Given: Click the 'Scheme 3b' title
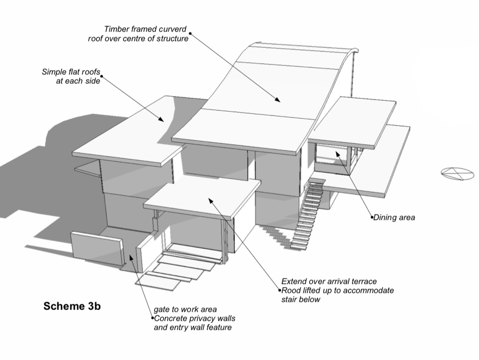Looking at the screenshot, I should [72, 306].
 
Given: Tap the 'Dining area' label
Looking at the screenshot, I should [394, 218].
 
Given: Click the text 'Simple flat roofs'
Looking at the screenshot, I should [71, 72].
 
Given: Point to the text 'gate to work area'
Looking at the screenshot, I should [185, 309].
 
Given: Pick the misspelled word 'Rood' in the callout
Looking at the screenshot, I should [291, 290].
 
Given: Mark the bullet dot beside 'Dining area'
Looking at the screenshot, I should [373, 218].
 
